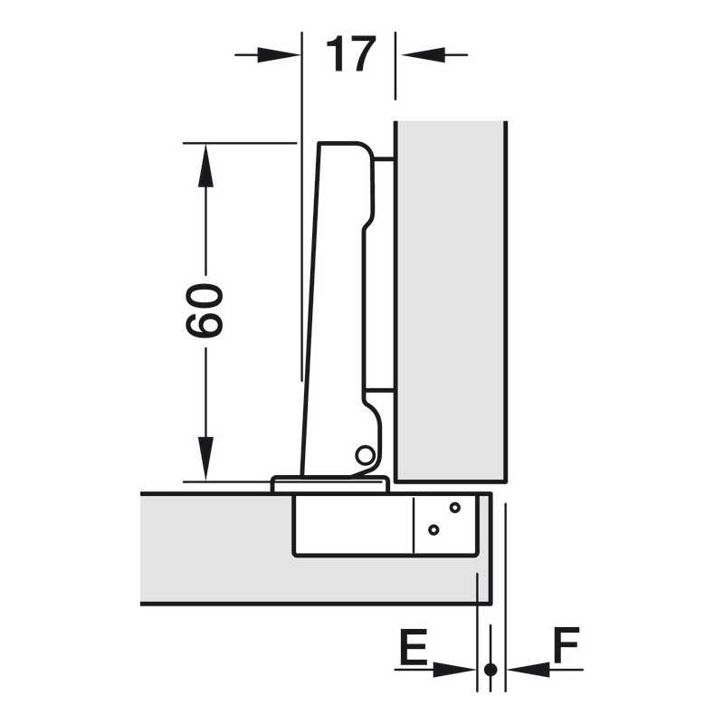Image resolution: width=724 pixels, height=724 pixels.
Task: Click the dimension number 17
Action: (x=351, y=54)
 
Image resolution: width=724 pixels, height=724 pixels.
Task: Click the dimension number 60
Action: (x=205, y=310)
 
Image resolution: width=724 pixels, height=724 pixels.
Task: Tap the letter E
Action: (x=413, y=645)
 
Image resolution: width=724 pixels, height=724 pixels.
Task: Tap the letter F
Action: (x=567, y=644)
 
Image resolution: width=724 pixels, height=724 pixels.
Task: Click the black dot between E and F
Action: (x=491, y=669)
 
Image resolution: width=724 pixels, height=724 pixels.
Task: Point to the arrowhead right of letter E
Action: (x=454, y=669)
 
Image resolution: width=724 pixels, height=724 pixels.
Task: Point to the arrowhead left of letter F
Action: (x=529, y=669)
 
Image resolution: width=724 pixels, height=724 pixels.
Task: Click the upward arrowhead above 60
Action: (x=205, y=166)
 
